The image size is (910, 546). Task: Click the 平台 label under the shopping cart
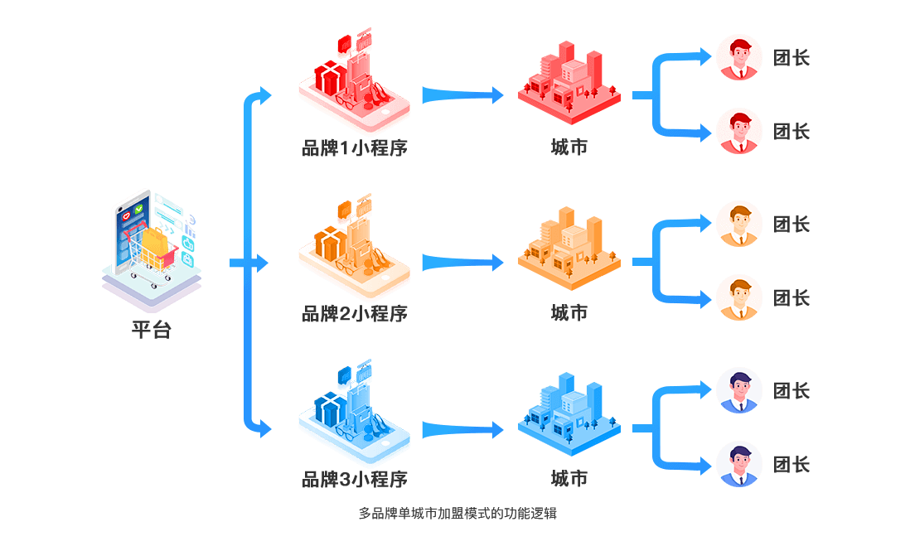(152, 330)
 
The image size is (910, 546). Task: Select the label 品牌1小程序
(355, 148)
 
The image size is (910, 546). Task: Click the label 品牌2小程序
(355, 314)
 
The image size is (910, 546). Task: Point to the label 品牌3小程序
(355, 479)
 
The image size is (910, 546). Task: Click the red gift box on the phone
(330, 79)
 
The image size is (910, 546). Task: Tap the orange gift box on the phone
(330, 244)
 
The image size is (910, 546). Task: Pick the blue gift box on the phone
(330, 409)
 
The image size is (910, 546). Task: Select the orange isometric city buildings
(569, 249)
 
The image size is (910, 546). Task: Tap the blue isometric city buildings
(569, 414)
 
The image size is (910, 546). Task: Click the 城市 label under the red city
(569, 147)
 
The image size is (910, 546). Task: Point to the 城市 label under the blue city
(569, 479)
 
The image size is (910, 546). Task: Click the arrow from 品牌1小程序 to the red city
(462, 94)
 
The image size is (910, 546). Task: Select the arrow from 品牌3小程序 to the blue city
(462, 429)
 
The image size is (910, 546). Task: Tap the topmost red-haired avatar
(738, 57)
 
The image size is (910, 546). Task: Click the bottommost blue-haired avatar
(738, 464)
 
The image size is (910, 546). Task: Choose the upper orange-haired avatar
(738, 224)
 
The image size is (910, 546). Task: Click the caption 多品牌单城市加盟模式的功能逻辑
(458, 514)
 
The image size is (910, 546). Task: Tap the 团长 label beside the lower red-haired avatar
(791, 132)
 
